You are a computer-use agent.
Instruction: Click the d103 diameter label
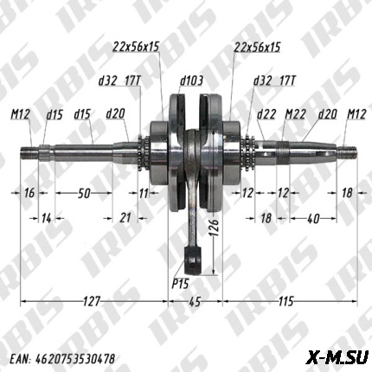point(191,80)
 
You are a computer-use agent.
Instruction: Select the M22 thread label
point(295,113)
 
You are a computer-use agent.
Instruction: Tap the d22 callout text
point(266,113)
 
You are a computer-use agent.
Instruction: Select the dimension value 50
point(84,193)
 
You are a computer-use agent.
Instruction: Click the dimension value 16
point(29,193)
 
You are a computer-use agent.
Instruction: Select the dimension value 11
point(144,193)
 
